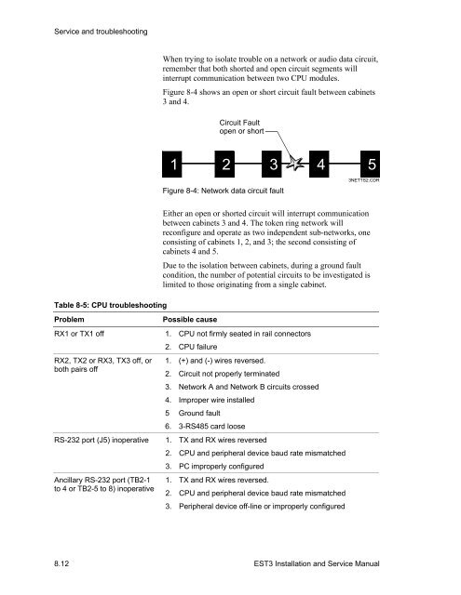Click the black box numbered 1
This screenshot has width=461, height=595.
point(174,166)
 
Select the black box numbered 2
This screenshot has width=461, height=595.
point(224,166)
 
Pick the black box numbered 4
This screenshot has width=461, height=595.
point(322,166)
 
